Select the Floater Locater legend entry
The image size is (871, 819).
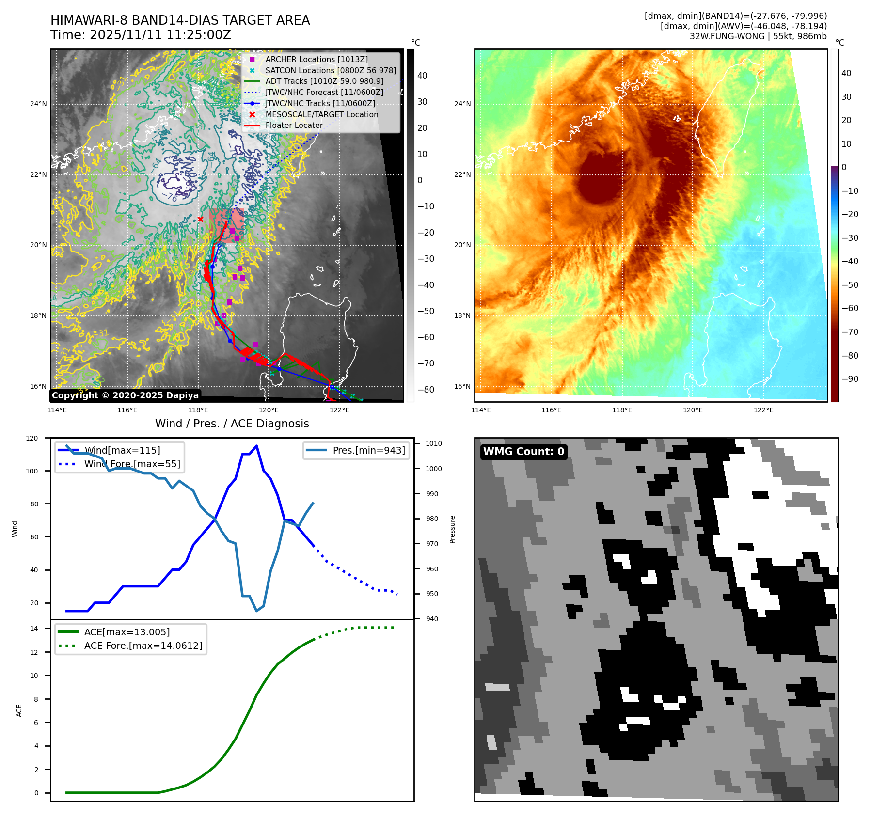pos(283,125)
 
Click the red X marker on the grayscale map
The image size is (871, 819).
pos(200,219)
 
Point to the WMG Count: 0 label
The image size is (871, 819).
pos(523,452)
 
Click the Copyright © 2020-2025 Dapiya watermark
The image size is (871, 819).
pos(125,395)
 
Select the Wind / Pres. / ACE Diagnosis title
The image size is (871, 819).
pos(232,424)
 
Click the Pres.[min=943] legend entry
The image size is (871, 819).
pos(356,450)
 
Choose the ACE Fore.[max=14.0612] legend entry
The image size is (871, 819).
pos(130,646)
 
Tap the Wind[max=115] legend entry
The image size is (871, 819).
pos(110,450)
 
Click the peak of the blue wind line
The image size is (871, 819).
pos(256,446)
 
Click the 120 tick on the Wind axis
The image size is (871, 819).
pos(32,438)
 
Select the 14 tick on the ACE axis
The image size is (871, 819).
pos(34,629)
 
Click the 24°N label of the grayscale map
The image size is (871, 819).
pos(38,104)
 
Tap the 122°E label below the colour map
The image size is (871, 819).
pos(763,410)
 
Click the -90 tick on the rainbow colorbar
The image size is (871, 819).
pos(850,379)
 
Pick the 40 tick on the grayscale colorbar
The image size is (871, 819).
pos(422,76)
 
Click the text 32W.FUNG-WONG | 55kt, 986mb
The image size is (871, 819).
pos(758,36)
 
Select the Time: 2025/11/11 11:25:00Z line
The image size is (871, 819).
pos(141,35)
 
